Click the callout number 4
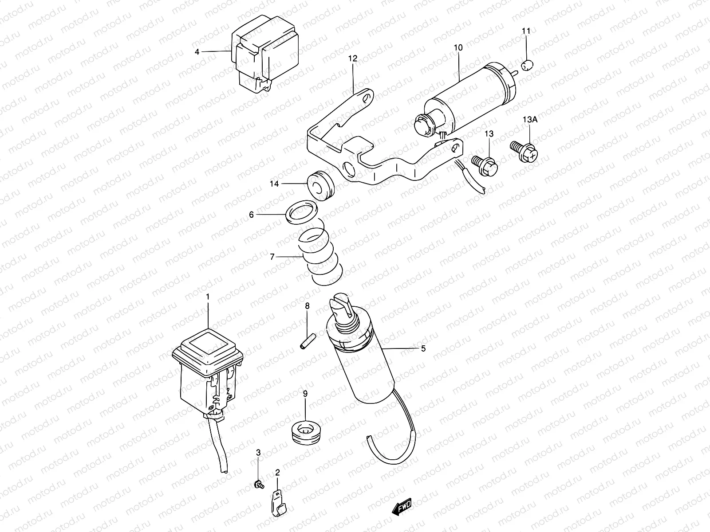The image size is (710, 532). [197, 52]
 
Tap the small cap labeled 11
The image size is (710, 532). [527, 65]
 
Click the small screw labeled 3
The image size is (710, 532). [258, 485]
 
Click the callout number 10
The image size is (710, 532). [458, 47]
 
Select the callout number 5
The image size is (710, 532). [423, 349]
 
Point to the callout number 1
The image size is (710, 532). [207, 296]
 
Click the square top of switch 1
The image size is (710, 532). [207, 342]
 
